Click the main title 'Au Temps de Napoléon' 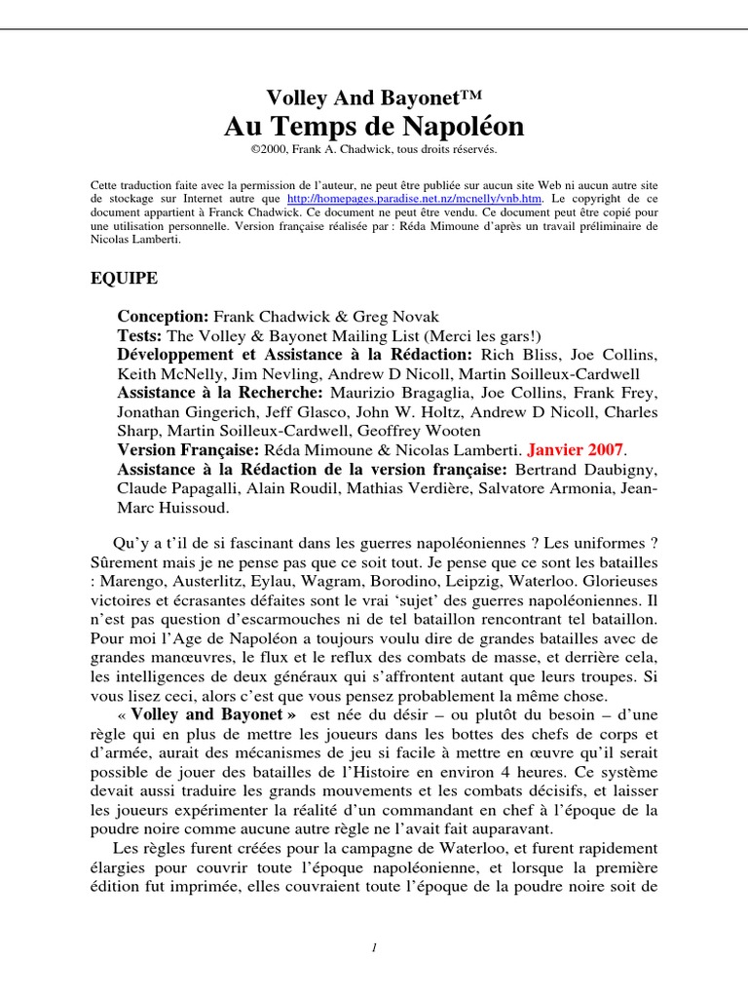click(374, 127)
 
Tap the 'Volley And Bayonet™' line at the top click(374, 96)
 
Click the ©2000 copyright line click(374, 150)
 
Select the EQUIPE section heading click(124, 279)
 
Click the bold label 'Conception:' click(163, 317)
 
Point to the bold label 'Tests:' click(141, 335)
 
